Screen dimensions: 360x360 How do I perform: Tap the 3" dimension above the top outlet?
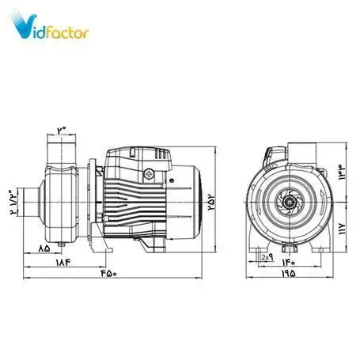pos(64,128)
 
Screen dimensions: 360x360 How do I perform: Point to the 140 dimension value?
pos(289,258)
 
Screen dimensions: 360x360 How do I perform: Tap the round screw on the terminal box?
pos(147,175)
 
